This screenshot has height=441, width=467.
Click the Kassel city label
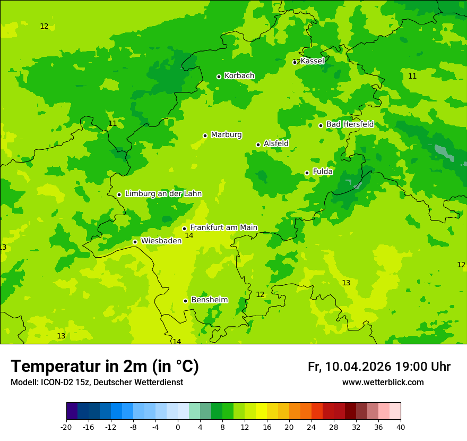click(x=312, y=61)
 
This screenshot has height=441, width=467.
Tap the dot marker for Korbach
click(x=219, y=77)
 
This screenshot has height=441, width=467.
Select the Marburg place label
click(x=226, y=135)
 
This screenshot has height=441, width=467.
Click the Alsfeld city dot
click(x=258, y=145)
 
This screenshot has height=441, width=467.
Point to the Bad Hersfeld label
click(x=350, y=124)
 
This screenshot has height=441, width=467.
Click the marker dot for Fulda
click(x=307, y=173)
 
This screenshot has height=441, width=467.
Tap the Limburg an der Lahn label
click(x=163, y=194)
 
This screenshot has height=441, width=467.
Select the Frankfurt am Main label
click(x=223, y=227)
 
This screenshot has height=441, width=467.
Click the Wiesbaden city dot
click(x=135, y=242)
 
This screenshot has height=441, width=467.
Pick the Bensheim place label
click(x=209, y=300)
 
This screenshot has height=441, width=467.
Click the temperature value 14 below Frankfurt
click(x=189, y=235)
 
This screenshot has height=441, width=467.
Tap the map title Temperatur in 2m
click(x=105, y=366)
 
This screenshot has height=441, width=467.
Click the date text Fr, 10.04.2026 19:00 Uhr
click(x=379, y=367)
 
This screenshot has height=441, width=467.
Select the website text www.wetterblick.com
click(x=383, y=383)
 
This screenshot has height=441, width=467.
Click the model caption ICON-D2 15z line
click(x=97, y=383)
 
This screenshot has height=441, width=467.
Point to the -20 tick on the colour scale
click(x=66, y=427)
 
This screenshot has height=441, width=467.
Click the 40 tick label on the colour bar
click(x=401, y=427)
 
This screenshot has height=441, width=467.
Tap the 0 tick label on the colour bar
click(x=178, y=427)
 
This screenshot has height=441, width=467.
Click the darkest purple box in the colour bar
click(x=72, y=411)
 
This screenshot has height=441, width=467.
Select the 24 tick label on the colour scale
click(x=312, y=427)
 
